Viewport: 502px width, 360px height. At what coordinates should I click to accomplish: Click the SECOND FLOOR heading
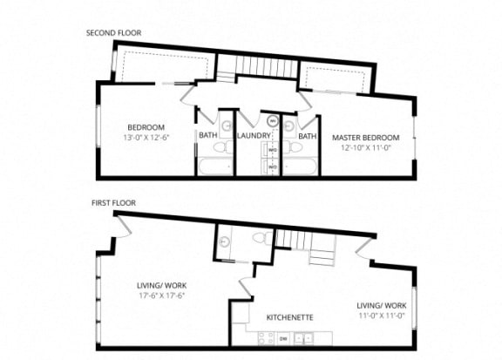(x=113, y=33)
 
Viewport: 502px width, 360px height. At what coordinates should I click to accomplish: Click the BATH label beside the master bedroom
(x=307, y=136)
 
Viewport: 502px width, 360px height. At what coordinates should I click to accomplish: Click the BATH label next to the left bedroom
(x=207, y=136)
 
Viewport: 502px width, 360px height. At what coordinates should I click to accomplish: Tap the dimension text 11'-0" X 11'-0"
(x=381, y=315)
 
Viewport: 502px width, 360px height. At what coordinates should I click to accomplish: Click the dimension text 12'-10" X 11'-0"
(x=364, y=146)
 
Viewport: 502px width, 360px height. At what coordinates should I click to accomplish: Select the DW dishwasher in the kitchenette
(x=284, y=336)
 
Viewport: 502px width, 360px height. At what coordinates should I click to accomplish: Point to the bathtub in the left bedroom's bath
(x=214, y=166)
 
